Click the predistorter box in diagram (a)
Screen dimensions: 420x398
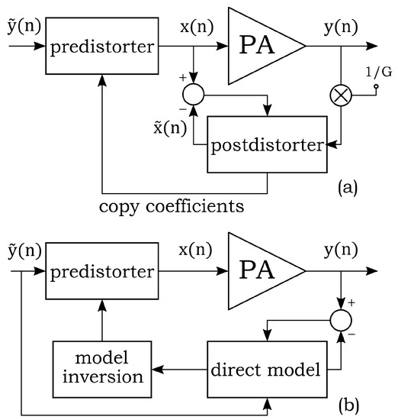click(103, 48)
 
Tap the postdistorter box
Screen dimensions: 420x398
click(268, 143)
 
